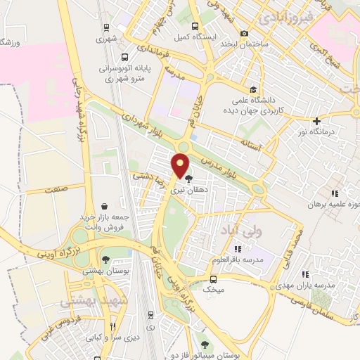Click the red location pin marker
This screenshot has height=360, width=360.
point(181,165)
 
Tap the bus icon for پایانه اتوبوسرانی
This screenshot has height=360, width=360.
point(124,58)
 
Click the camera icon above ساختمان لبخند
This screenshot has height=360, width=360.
point(245,33)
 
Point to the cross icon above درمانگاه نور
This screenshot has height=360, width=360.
point(317,120)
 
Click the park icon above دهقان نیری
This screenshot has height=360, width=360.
point(188,179)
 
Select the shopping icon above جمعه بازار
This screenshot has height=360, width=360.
point(105,206)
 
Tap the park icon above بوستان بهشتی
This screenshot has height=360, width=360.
point(105,260)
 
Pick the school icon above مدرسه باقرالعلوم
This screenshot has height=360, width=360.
point(237,248)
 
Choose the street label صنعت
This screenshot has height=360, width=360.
point(54,190)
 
